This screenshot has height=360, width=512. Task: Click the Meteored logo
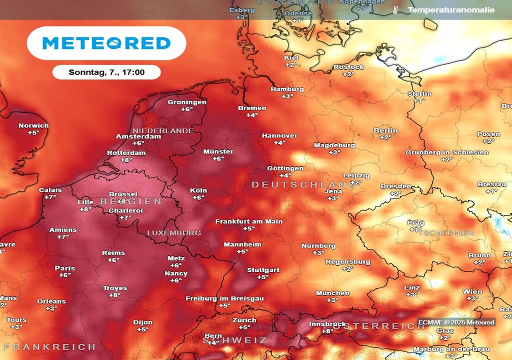tap(106, 43)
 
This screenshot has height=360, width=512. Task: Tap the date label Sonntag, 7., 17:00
tap(106, 72)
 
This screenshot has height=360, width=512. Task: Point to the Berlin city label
tap(385, 130)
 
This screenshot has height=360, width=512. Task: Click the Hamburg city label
tap(287, 89)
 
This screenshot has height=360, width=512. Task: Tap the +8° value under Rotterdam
tap(126, 160)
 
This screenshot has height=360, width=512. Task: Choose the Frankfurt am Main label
tap(248, 221)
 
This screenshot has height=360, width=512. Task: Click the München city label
tap(332, 293)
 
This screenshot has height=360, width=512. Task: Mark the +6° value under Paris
tap(65, 275)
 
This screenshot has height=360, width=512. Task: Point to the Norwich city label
tap(33, 125)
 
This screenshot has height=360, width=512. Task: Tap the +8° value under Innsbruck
tap(327, 331)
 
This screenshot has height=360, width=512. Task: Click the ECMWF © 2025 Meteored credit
tap(456, 322)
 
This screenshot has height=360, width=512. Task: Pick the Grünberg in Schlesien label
tap(446, 152)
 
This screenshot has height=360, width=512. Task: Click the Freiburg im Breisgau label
tap(224, 298)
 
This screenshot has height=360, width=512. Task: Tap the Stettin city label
tap(419, 94)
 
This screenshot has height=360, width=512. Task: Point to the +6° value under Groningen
tap(186, 109)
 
